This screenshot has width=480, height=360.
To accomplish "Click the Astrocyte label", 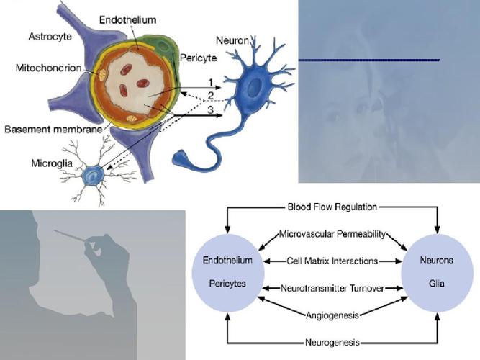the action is pos(50,37).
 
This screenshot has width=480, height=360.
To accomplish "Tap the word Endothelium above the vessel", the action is pos(127,20).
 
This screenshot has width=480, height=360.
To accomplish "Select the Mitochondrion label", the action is pos(48,68).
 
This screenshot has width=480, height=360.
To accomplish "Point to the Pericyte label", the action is pos(198,58).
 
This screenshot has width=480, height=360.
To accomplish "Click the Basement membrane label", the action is pos(53,130).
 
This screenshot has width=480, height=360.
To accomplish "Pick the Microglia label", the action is pos(52,163).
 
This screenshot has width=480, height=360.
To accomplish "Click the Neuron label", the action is pos(232,40).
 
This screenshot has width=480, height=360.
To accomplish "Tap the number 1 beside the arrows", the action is pos(210,82).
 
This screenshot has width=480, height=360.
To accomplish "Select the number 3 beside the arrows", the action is pos(210,109).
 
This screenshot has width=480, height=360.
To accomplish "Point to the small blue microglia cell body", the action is pos(92,175).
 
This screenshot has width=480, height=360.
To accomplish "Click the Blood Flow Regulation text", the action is pos(332,207).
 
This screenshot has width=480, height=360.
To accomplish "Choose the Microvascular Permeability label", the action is pos(332,235).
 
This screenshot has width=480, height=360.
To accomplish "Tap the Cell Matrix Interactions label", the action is pos(332,261).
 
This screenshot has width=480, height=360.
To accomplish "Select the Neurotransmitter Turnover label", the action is pos(332,288).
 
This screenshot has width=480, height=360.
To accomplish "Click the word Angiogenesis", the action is pos(332,315).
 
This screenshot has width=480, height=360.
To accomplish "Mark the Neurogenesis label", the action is pos(332,342).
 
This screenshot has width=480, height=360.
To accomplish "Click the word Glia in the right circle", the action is pos(437,284).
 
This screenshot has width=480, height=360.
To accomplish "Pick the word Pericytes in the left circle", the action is pos(227,284).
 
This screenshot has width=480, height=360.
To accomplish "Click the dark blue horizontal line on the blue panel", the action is pos(369,60).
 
